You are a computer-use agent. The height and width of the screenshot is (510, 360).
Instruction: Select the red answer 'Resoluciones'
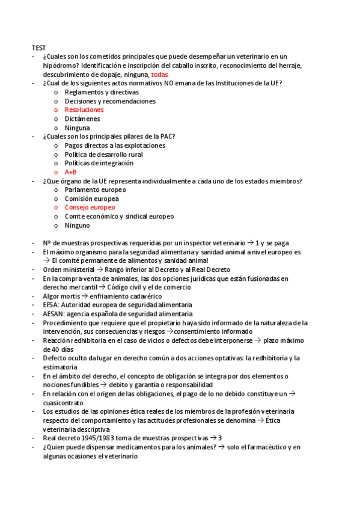point(84,110)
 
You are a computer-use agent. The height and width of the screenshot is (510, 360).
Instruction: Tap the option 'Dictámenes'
point(82,119)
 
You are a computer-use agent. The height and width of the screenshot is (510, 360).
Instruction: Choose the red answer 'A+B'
point(71,172)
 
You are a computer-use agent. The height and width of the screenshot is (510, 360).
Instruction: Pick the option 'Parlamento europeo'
point(95,190)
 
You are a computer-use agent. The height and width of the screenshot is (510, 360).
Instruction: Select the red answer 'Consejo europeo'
point(90,207)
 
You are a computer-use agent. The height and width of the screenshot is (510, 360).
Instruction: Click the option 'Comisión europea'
point(91,198)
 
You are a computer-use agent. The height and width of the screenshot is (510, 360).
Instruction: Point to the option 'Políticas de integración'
point(99,163)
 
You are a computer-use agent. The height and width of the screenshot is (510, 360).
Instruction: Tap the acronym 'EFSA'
point(50,305)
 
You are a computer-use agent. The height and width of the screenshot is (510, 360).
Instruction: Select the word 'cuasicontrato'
point(63,402)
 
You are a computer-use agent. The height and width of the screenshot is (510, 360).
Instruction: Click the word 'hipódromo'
point(60,65)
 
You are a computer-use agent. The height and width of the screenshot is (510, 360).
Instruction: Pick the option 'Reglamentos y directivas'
point(101,92)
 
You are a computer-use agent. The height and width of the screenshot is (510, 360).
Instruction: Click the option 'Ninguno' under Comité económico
point(77,226)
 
